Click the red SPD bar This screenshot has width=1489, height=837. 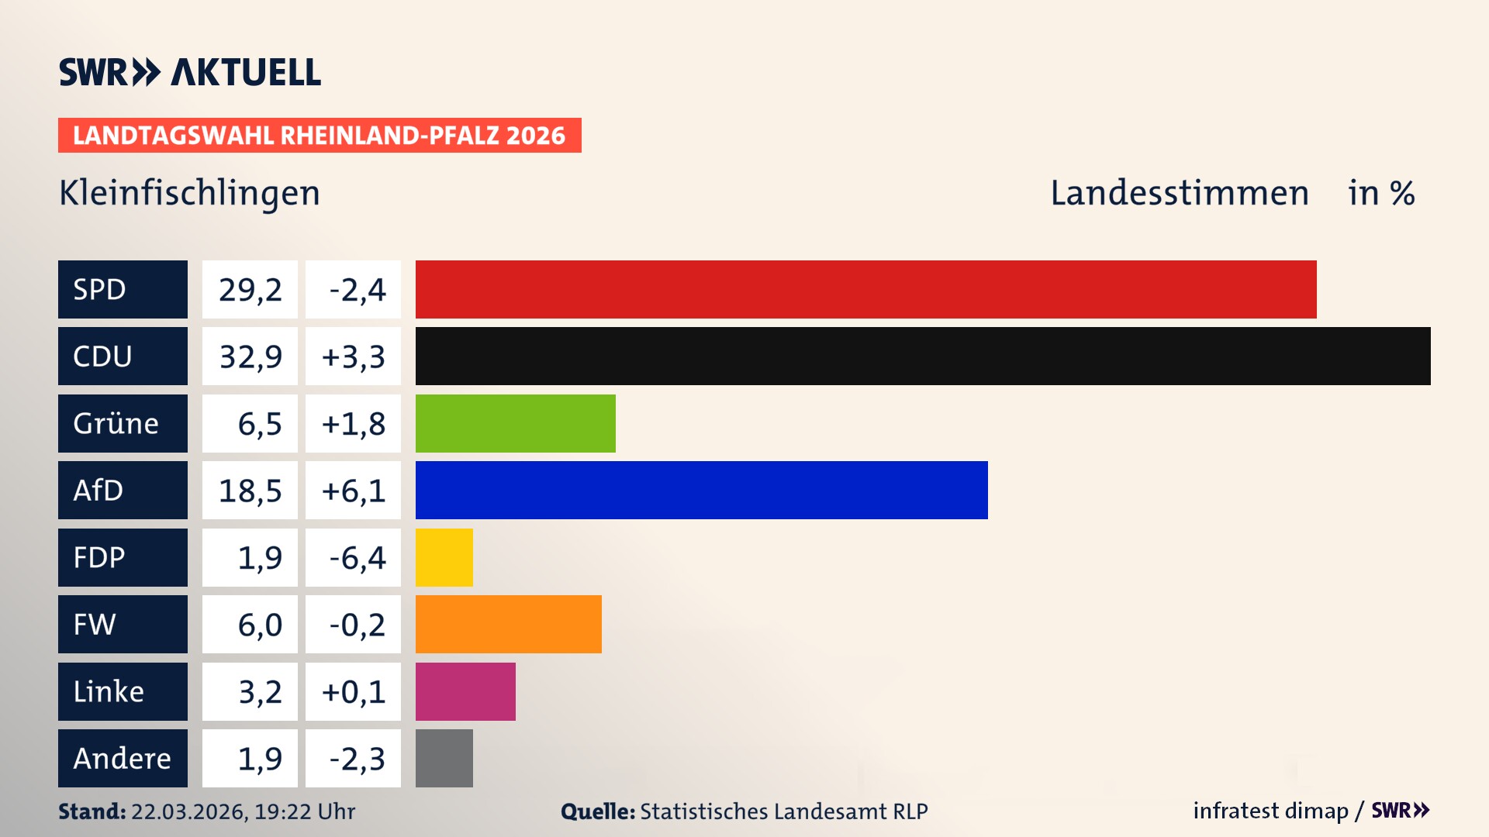coord(865,289)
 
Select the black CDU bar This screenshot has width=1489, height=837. coord(923,356)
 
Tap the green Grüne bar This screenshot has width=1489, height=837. coord(515,423)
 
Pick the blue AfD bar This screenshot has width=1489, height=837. coord(701,490)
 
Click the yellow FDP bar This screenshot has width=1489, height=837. coord(444,557)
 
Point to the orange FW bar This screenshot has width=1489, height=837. coord(508,624)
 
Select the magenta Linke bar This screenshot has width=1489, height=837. coord(465,691)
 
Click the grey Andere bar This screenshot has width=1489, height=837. coord(444,758)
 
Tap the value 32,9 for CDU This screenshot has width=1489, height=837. coord(250,356)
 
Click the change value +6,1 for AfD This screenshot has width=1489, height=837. coord(353,491)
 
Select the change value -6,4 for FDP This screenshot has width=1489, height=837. coord(357,558)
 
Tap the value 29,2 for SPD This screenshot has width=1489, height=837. coord(250,290)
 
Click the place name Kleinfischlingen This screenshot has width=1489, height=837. coord(189,194)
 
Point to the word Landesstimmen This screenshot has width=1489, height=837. coord(1179,193)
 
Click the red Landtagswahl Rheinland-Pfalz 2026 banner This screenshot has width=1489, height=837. coord(319,135)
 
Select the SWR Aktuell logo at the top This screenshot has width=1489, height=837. coord(189,72)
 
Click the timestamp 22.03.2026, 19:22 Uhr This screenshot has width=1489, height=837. coord(243,811)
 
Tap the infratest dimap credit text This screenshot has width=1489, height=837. coord(1270,811)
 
